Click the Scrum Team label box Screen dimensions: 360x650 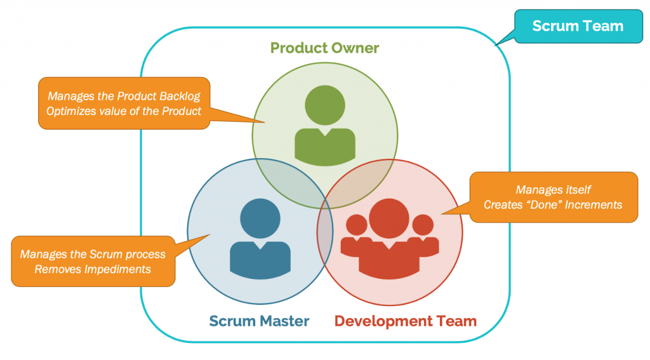(578, 27)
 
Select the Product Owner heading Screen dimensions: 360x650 (324, 48)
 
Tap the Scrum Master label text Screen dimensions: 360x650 (259, 321)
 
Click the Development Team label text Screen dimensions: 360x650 (405, 321)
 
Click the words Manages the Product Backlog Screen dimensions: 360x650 (124, 97)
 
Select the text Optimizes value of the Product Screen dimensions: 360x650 (124, 111)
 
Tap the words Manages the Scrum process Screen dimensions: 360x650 (93, 255)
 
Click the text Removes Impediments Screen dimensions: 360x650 (93, 269)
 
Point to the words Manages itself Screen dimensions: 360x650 (554, 190)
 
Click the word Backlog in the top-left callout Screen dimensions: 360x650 (180, 97)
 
